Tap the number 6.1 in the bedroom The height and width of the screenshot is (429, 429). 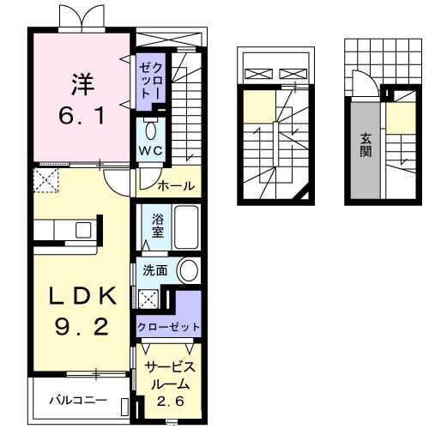[x=82, y=114]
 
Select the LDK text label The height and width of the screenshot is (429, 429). [x=82, y=295]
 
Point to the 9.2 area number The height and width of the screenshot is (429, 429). [x=82, y=326]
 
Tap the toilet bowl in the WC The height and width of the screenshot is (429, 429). [x=151, y=130]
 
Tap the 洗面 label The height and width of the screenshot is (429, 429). [x=155, y=271]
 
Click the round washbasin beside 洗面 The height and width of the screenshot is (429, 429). [x=187, y=271]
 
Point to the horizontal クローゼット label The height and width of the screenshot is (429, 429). [x=168, y=327]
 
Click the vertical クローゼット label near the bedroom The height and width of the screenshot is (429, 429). [x=151, y=79]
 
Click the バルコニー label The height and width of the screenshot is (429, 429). [x=77, y=400]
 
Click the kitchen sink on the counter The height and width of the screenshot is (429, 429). [x=83, y=229]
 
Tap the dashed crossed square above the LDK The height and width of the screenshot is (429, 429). [x=44, y=178]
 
